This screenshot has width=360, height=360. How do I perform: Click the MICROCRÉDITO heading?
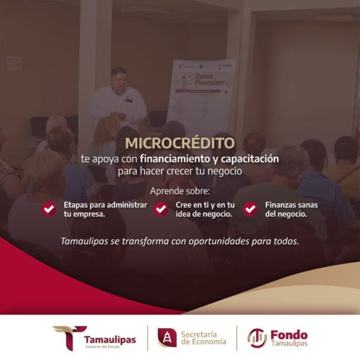(180, 144)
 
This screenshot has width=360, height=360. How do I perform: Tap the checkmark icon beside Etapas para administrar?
(49, 209)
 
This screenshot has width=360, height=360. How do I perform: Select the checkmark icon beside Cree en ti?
(161, 209)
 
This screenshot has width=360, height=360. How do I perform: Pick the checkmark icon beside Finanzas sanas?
(250, 209)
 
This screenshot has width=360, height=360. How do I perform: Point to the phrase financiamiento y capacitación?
(209, 159)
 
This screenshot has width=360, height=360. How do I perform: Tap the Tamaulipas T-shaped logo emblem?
(70, 338)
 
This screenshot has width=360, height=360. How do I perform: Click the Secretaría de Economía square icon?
(167, 338)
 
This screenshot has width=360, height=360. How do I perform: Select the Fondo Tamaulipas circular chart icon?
(257, 338)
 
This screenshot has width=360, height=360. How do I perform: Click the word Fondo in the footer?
(289, 334)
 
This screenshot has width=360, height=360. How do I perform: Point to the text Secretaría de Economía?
(203, 338)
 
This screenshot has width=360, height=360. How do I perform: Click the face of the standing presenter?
(119, 80)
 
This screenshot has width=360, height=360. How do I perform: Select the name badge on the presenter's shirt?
(128, 100)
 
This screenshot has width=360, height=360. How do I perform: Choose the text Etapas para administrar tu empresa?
(105, 209)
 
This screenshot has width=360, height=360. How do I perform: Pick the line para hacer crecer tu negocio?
(180, 171)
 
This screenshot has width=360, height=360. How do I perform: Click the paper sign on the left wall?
(14, 63)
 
